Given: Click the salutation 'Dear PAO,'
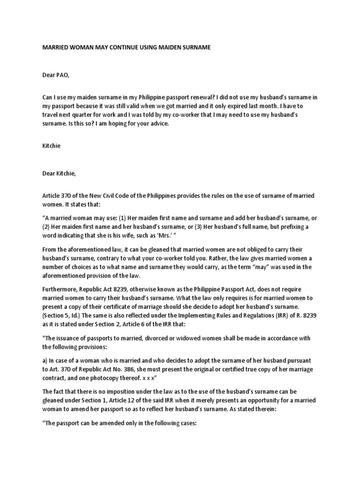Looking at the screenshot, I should click(56, 73).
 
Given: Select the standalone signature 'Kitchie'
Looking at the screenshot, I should click(52, 146).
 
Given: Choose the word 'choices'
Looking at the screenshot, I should click(78, 267).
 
